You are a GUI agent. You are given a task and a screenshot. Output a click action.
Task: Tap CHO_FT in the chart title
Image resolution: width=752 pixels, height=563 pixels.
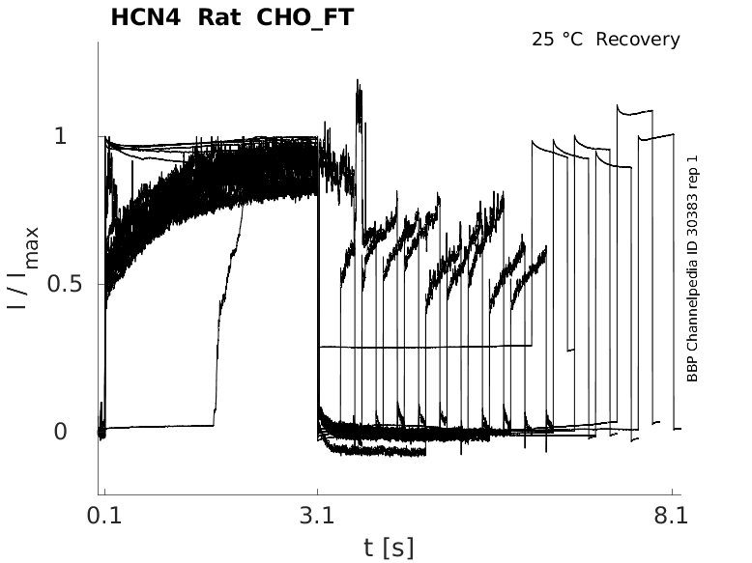[299, 17]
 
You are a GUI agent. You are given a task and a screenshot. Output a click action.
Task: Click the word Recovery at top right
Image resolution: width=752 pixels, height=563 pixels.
[638, 40]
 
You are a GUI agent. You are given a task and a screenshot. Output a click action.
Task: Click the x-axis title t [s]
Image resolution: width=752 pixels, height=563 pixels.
[389, 548]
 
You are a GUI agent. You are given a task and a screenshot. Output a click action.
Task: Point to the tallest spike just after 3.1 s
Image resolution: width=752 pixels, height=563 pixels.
[359, 85]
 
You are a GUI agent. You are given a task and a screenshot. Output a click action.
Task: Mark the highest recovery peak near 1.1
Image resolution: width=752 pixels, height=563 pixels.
[619, 106]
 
